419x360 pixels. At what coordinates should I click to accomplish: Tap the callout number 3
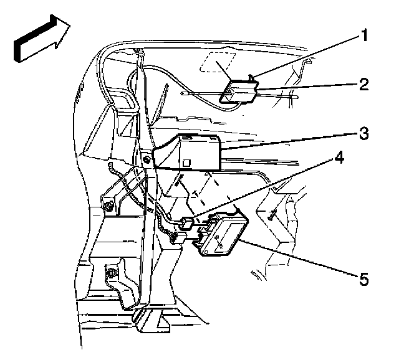[362, 133]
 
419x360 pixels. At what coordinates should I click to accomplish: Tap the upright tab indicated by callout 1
[250, 79]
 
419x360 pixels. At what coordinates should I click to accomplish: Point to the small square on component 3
[186, 163]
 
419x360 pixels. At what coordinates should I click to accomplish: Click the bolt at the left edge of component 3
[145, 159]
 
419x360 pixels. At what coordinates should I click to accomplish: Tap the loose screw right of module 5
[272, 215]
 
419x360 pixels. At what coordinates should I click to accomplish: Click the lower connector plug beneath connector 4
[179, 237]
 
